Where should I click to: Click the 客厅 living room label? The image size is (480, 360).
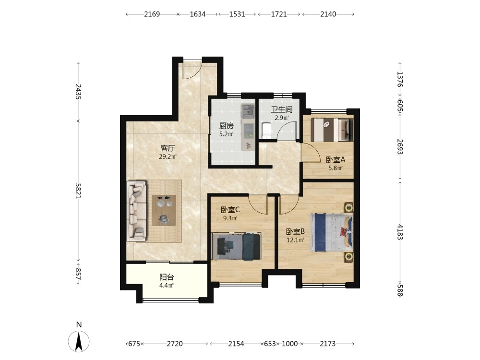[x=168, y=148]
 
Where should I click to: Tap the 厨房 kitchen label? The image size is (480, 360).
[x=227, y=126]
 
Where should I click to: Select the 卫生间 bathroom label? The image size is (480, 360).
[x=282, y=109]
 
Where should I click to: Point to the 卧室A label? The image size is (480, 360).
[x=336, y=160]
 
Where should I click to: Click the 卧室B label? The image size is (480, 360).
[x=295, y=232]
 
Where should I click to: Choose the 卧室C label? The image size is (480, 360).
[x=230, y=210]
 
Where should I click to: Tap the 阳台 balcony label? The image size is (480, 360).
[x=167, y=277]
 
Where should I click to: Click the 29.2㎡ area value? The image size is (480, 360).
[x=168, y=157]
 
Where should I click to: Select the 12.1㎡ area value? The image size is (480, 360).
[x=295, y=240]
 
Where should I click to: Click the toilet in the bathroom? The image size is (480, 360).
[x=266, y=131]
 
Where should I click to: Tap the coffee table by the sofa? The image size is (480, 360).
[x=164, y=210]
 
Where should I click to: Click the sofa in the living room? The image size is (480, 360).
[x=136, y=211]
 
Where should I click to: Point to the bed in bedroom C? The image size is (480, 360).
[x=236, y=246]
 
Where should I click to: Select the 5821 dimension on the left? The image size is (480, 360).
[x=78, y=191]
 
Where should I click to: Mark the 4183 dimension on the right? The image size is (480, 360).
[x=400, y=232]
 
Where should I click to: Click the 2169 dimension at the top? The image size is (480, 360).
[x=152, y=14]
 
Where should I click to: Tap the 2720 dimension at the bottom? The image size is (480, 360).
[x=175, y=344]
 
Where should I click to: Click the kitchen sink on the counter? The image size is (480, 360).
[x=248, y=111]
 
